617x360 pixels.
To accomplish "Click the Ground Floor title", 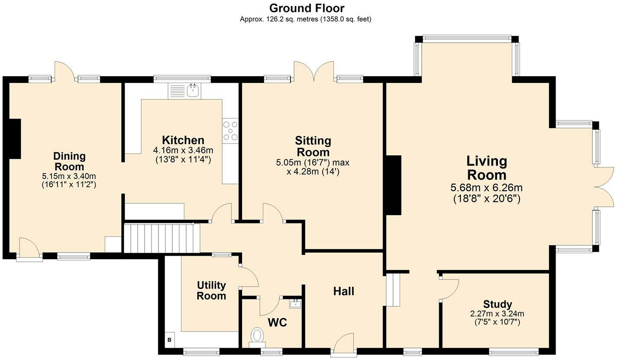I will tap(307, 8).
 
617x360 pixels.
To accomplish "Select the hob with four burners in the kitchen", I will tap(230, 130).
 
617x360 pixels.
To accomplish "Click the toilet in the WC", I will tap(257, 336).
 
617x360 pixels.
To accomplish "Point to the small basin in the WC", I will tap(296, 303).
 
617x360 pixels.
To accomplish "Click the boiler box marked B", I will tap(169, 340).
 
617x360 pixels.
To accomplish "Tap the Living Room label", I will tap(487, 168).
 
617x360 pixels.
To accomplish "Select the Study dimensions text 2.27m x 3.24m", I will tap(497, 314).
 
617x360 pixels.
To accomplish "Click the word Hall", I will tap(344, 291).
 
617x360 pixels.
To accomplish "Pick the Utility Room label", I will tap(211, 290).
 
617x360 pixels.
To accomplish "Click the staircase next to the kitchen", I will tap(161, 238).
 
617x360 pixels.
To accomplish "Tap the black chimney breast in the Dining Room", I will tap(15, 138).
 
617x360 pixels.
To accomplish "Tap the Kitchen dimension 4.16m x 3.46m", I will tap(183, 150).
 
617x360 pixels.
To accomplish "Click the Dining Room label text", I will tap(69, 161).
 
